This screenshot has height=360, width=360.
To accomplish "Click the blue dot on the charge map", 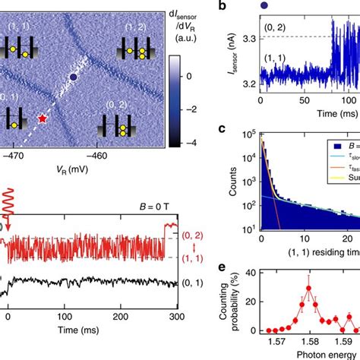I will tap(73, 77).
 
